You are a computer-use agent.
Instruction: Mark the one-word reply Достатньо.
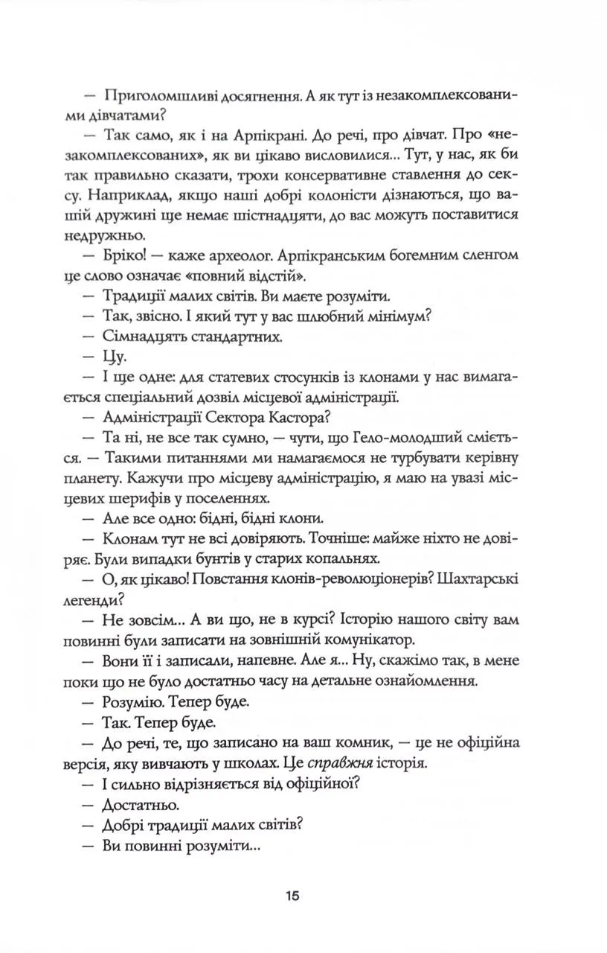(139, 804)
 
